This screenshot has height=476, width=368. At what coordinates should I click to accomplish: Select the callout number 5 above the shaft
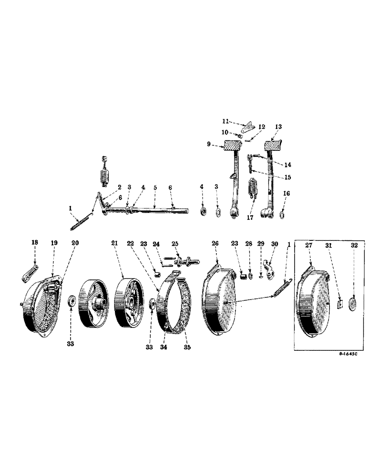point(155,188)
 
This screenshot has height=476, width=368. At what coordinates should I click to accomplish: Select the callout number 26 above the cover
point(215,243)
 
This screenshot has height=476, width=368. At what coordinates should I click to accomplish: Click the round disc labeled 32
point(354,305)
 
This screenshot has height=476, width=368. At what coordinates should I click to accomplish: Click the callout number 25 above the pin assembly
point(175,243)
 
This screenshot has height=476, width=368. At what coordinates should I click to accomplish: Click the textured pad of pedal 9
point(233,146)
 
